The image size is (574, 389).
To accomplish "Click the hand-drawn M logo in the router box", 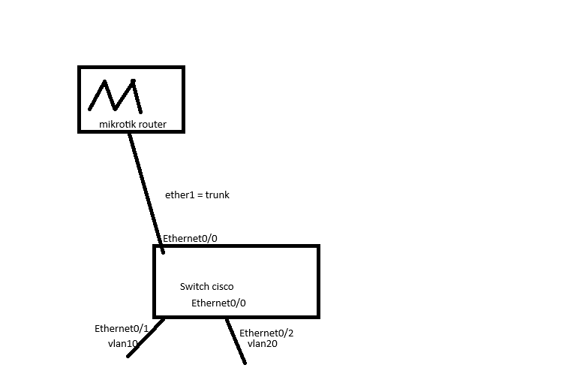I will (x=115, y=95).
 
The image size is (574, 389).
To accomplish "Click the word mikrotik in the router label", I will (x=116, y=124).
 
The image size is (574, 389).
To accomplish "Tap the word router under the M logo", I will (x=152, y=124).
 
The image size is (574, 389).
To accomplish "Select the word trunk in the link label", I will (x=217, y=194).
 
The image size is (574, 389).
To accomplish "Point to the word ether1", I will (x=179, y=194).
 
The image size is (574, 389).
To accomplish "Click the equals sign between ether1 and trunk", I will (x=200, y=195).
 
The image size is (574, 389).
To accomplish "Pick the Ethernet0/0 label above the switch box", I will (x=191, y=239).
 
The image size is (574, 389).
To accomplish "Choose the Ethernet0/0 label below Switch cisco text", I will (x=218, y=303).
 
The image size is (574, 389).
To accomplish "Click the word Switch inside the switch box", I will (x=194, y=286).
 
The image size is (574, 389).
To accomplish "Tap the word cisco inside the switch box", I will (x=222, y=286).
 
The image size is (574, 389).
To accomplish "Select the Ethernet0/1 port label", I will (x=122, y=329).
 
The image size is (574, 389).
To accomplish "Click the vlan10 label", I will (x=123, y=343).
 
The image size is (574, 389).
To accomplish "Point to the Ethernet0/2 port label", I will (x=266, y=333).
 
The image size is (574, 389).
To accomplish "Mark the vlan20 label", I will (x=263, y=344).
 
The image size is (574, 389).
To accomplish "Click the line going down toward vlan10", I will (x=145, y=337).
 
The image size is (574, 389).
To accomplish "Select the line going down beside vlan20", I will (x=236, y=341).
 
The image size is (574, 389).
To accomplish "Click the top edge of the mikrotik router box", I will (x=131, y=68).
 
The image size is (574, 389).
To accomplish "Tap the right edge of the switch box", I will (x=318, y=281).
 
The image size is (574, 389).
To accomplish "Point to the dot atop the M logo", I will (x=133, y=80).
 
